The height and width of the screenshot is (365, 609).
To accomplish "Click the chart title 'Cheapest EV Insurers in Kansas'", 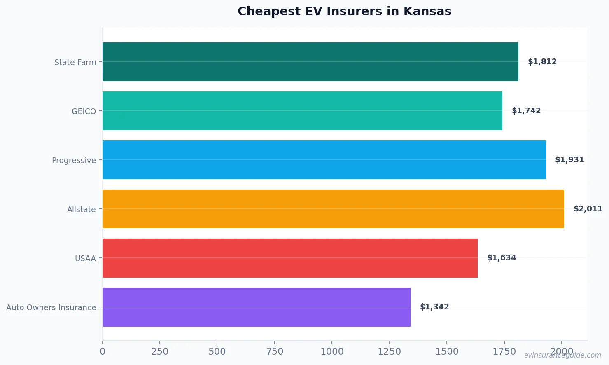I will [344, 12].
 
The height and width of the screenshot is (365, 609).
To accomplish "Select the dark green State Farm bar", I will [310, 62].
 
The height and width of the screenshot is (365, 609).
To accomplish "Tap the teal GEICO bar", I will [302, 111].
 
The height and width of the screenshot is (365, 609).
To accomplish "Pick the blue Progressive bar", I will [324, 160].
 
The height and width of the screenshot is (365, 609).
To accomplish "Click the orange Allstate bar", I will [333, 209].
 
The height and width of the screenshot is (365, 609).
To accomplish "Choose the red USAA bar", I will [290, 258].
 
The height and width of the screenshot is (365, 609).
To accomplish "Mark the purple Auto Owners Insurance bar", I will [256, 307].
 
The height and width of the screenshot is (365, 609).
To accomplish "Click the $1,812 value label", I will [542, 62].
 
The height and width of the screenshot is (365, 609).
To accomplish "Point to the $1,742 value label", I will [526, 111].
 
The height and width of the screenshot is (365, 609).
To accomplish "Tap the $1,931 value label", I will [569, 160].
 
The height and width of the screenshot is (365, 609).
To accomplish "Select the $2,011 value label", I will [588, 209].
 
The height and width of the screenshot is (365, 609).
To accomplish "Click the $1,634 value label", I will [501, 258].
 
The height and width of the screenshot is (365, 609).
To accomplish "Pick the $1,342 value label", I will [434, 307].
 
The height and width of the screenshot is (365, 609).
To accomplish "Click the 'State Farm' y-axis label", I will [75, 62].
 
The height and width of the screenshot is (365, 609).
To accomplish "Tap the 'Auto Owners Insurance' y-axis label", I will [51, 307].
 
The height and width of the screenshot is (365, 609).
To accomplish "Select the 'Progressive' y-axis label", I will [74, 160].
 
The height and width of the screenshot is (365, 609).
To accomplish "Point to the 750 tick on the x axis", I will [275, 351].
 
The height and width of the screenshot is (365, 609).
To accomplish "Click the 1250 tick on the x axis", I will [389, 351].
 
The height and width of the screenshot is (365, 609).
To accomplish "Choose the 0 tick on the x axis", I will [103, 351].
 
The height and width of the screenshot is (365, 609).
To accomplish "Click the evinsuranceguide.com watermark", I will [562, 355].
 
